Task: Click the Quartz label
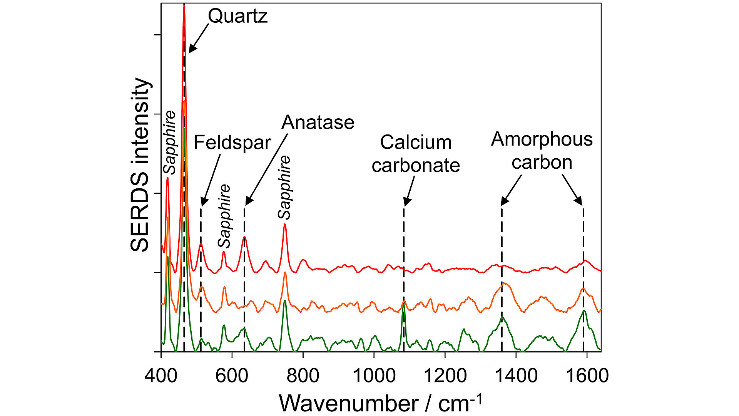point(237,16)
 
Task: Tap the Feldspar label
point(232,143)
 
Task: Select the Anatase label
point(318,122)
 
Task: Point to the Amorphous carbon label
point(542,151)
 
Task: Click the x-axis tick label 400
point(161,375)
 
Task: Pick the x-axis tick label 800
point(303,375)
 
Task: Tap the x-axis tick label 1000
point(374,375)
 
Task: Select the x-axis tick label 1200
point(445,375)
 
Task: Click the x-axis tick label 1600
point(587,375)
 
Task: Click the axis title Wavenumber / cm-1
point(380,403)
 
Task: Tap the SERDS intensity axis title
point(139,165)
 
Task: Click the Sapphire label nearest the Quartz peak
point(169,143)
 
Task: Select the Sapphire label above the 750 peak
point(284,187)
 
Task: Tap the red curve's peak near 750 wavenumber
point(285,224)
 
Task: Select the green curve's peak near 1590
point(584,310)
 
